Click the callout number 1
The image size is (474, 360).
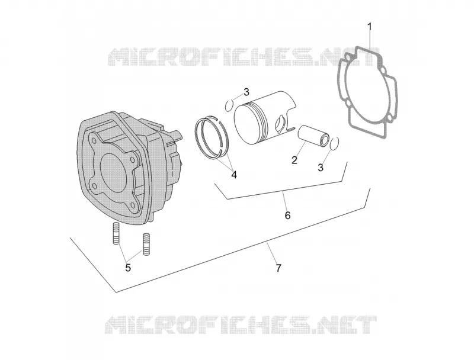(369, 27)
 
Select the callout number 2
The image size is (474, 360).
(294, 160)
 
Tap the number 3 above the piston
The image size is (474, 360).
(246, 92)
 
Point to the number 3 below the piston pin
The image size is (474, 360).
(321, 168)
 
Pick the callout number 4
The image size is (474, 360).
(234, 175)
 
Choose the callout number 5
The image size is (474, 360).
(128, 268)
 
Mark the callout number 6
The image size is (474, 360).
(287, 216)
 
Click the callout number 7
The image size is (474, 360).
(278, 268)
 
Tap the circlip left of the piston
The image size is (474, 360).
(229, 105)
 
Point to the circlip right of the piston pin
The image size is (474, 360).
(334, 143)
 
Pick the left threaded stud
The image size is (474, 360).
(116, 233)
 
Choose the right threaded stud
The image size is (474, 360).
(146, 245)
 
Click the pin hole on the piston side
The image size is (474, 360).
(280, 123)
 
